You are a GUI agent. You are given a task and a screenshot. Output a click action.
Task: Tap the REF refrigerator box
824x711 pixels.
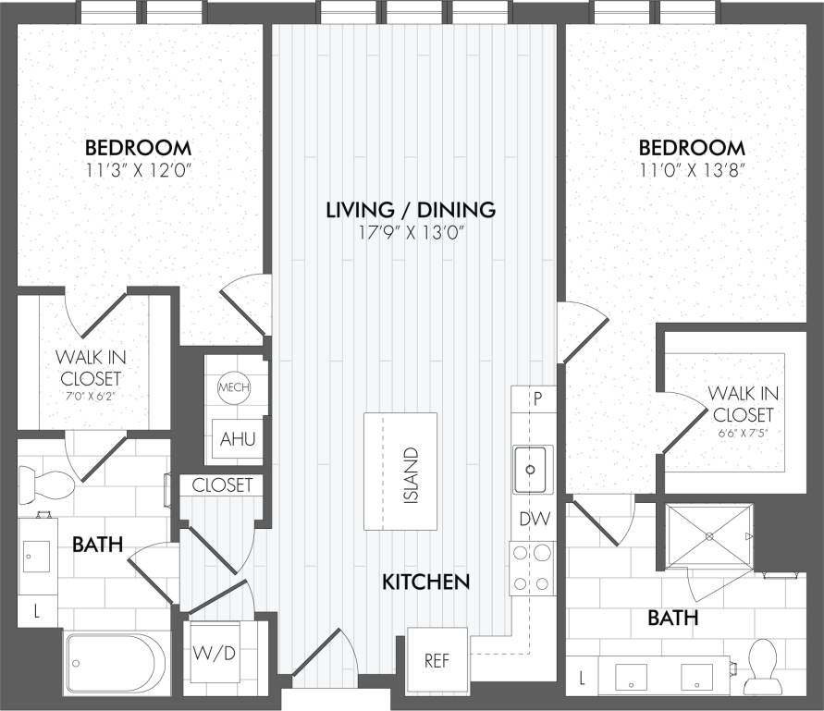tap(437, 660)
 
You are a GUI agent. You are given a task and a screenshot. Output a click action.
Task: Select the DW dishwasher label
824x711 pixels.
tap(533, 520)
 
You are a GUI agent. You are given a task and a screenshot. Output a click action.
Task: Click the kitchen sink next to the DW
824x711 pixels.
tap(532, 469)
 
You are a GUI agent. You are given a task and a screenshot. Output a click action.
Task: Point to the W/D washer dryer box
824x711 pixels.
tap(215, 654)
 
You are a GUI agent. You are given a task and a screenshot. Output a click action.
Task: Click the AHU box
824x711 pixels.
tap(237, 439)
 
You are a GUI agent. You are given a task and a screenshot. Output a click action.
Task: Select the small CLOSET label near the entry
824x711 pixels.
tap(223, 485)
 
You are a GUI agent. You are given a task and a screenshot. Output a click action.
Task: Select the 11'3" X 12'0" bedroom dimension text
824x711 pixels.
tap(139, 170)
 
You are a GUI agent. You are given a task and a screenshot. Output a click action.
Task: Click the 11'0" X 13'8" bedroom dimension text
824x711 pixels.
tap(692, 170)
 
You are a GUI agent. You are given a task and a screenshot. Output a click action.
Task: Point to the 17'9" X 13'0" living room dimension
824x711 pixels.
tap(411, 232)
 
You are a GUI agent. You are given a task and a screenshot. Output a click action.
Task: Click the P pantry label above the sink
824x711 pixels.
tap(534, 399)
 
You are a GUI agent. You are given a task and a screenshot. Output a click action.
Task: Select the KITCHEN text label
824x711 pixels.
tap(426, 582)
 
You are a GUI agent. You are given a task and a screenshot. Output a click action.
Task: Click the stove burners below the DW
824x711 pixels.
tap(533, 569)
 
